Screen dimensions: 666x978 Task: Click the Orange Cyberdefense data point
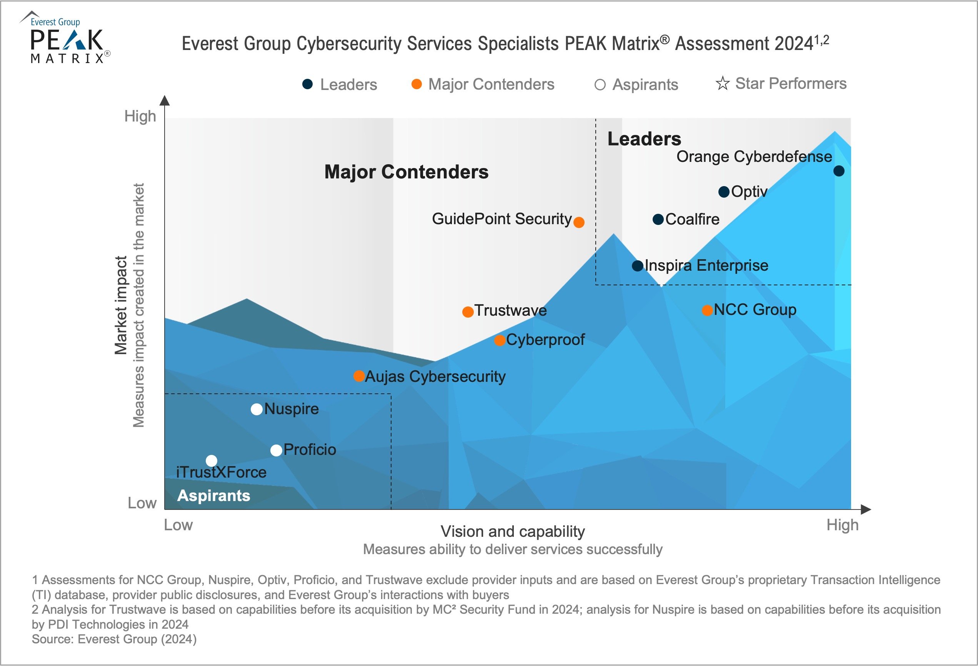point(839,171)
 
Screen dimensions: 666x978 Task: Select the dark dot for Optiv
point(724,192)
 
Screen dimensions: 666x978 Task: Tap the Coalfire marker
point(658,219)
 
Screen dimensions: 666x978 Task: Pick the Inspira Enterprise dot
point(638,266)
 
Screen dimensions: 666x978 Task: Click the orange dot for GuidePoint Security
point(579,222)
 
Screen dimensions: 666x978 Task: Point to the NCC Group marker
point(707,310)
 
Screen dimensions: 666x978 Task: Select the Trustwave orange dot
point(468,312)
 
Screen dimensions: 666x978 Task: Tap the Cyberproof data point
point(500,340)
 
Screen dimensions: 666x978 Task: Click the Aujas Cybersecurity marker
point(359,376)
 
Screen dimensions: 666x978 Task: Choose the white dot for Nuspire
point(257,410)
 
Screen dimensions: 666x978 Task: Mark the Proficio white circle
point(276,451)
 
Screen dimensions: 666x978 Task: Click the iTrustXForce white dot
point(212,461)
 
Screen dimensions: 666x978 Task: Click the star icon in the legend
point(723,83)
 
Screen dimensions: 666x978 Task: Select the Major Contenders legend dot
point(417,84)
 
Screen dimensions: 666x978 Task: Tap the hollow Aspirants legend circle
point(600,85)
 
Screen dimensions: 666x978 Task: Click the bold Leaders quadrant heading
point(644,139)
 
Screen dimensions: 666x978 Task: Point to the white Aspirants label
point(214,496)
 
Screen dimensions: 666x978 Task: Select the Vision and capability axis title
point(513,531)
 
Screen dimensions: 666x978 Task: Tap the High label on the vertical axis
point(140,116)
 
